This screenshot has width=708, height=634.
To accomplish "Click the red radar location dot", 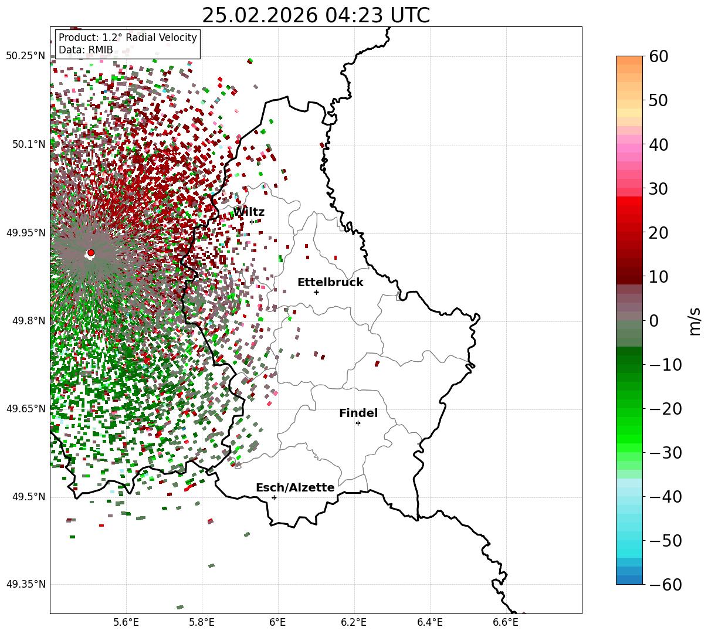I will click(90, 253).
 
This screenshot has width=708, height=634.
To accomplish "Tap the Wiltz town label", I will click(249, 212).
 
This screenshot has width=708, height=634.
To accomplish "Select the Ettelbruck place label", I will click(330, 283).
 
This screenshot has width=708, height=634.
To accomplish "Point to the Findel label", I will click(358, 413).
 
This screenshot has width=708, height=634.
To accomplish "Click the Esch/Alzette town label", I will click(295, 488).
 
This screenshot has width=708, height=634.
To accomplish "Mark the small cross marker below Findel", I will click(358, 423).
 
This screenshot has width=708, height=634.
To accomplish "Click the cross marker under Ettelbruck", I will click(316, 292).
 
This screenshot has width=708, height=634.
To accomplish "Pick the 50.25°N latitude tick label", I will click(26, 56).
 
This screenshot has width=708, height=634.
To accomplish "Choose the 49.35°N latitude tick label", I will click(26, 585).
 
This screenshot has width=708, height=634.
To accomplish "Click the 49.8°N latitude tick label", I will click(28, 321).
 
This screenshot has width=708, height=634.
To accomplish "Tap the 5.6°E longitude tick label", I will click(126, 622).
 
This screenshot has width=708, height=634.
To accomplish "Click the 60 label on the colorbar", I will click(659, 56).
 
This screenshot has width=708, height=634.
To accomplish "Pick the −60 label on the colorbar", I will click(665, 585).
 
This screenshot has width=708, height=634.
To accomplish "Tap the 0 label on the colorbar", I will click(653, 321).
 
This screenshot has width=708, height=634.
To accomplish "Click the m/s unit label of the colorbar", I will click(695, 321).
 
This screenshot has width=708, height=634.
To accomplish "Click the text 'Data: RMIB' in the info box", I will click(86, 50).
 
